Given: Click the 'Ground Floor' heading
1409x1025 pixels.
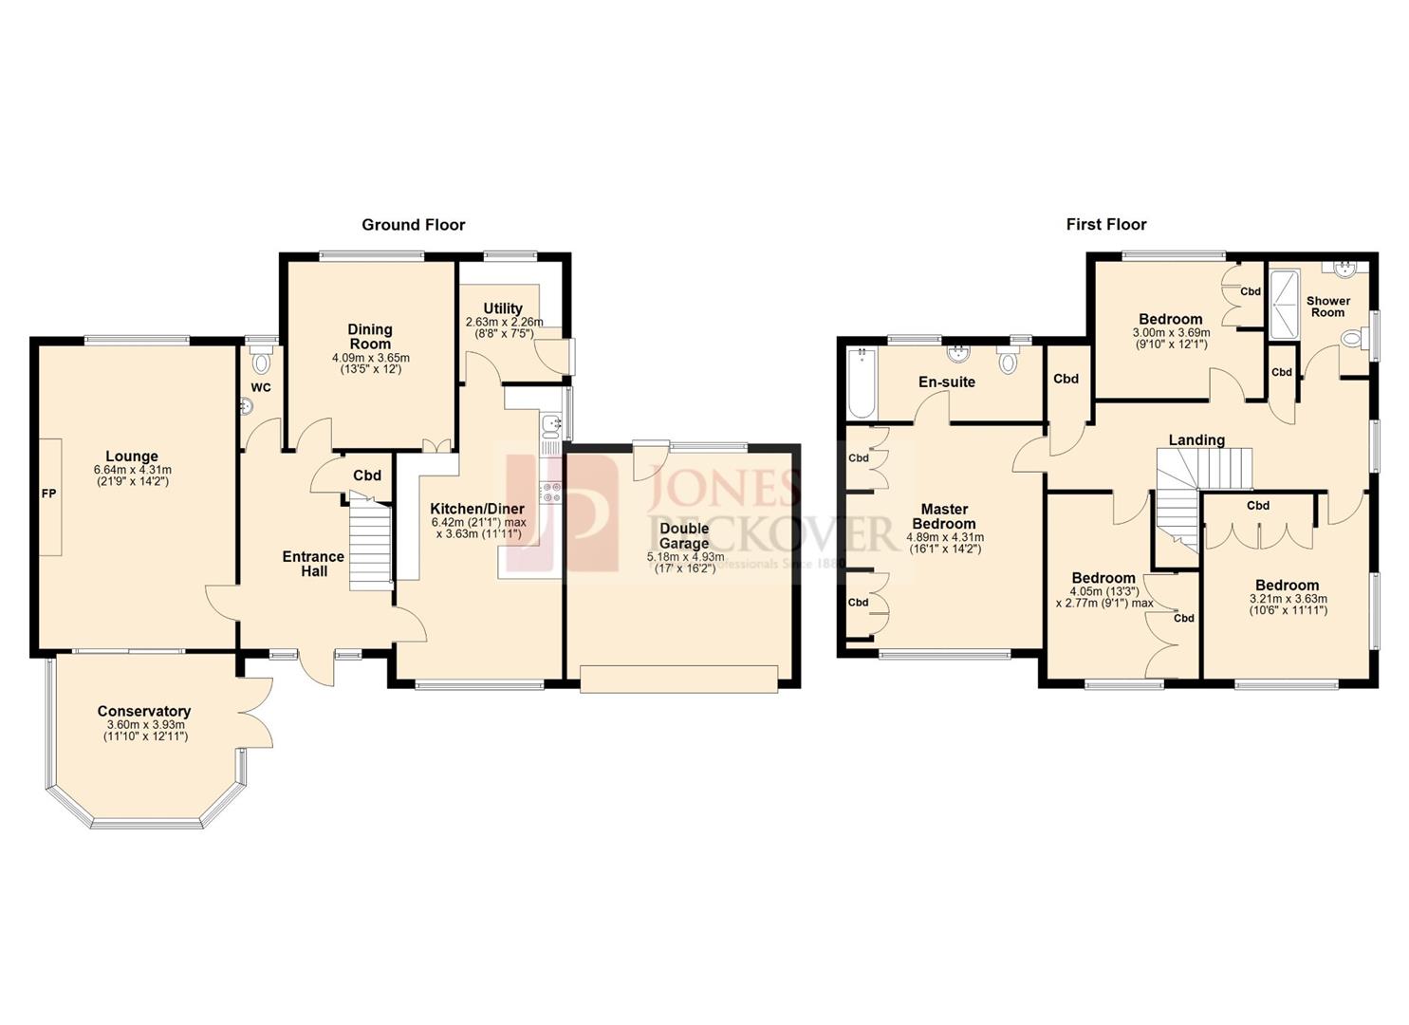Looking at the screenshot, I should pos(413,225).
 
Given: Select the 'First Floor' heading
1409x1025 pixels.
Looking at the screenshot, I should pos(1105,225).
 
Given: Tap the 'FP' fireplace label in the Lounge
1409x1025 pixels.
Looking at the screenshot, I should pos(47,495).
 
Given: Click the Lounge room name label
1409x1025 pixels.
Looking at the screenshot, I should pos(132,457).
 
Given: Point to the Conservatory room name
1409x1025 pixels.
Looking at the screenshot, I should pos(144,711).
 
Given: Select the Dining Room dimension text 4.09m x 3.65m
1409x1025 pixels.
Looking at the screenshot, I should pos(370,358).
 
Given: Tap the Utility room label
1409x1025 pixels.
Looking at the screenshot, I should pos(503,308).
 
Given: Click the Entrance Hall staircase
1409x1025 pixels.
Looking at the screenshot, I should pos(370,546).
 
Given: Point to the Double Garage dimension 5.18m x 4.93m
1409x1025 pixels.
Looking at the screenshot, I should pos(685,557).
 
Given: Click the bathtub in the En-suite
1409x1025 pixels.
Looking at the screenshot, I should pos(862,384).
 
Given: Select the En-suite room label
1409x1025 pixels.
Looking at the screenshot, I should pos(946,382).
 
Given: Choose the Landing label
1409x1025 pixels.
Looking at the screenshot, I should pos(1196,440).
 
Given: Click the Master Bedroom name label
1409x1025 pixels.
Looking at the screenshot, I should pos(944,516).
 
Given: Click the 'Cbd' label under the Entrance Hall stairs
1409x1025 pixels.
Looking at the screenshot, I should pos(367,475).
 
